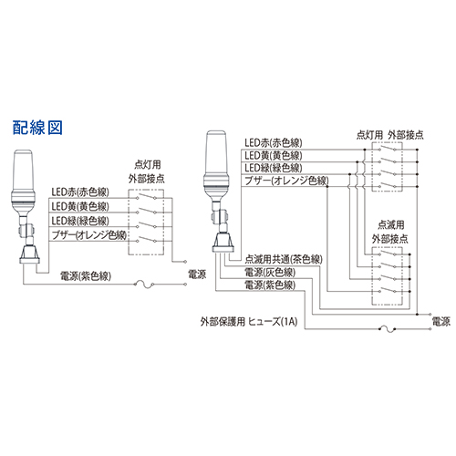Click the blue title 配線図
click(x=37, y=128)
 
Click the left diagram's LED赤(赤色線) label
click(x=80, y=192)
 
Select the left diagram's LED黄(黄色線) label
click(x=80, y=206)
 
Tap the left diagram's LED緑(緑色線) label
click(x=80, y=221)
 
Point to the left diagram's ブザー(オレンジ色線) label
click(x=89, y=235)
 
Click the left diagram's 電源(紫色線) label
click(x=86, y=275)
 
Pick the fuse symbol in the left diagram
click(x=144, y=285)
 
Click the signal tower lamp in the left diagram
click(x=26, y=207)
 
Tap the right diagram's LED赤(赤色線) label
click(x=274, y=142)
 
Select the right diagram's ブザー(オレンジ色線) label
click(x=286, y=181)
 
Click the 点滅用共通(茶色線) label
click(x=284, y=259)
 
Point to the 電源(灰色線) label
click(x=270, y=273)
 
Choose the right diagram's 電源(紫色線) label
click(x=270, y=285)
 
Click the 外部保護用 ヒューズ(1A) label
click(x=249, y=322)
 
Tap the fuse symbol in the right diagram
click(x=388, y=329)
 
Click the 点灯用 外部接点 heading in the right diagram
click(x=390, y=135)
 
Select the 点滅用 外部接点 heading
click(x=390, y=232)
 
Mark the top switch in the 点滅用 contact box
click(x=388, y=253)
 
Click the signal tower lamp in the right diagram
click(x=219, y=192)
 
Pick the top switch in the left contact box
click(x=146, y=197)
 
